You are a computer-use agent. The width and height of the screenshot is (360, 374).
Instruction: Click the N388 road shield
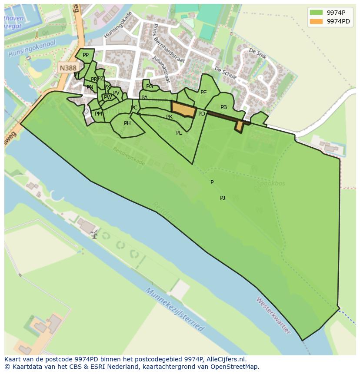[x=68, y=68]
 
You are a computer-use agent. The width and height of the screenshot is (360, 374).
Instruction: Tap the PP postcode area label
[x=86, y=55]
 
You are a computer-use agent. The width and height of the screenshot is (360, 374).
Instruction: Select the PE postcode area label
[x=203, y=93]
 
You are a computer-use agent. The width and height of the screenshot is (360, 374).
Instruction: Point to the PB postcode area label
[x=223, y=107]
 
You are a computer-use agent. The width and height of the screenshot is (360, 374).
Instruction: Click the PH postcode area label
[x=127, y=124]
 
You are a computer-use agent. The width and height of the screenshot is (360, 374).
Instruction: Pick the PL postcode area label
[x=179, y=133]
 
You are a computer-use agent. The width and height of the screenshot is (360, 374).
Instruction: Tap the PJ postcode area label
[x=222, y=198]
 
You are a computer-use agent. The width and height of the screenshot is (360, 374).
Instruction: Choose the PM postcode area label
[x=98, y=114]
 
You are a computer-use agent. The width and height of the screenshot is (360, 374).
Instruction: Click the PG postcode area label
[x=150, y=87]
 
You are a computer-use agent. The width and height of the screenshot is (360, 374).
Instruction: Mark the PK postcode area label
[x=169, y=117]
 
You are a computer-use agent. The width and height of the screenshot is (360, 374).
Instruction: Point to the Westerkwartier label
[x=273, y=315]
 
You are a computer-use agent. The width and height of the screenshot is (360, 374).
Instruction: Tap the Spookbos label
[x=270, y=183]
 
